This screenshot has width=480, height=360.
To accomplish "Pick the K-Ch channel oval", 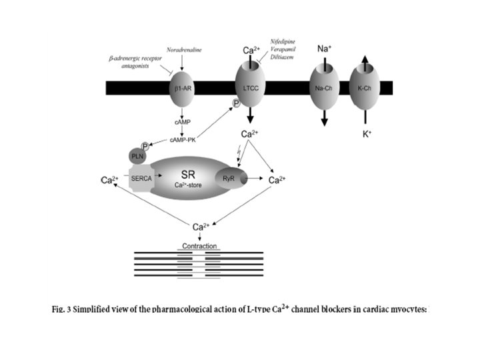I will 364,88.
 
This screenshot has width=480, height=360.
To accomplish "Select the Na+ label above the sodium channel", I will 324,49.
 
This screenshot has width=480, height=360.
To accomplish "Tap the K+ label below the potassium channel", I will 367,134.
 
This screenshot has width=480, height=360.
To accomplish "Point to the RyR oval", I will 229,179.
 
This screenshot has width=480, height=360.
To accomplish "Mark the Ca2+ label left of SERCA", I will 109,180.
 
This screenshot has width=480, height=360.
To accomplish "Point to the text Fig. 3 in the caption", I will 65,309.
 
